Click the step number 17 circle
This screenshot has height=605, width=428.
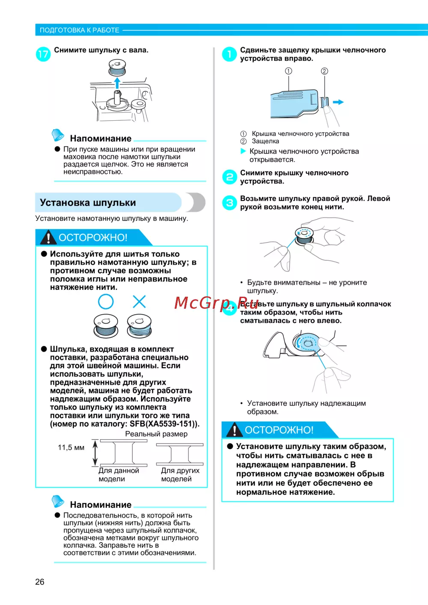click(x=43, y=54)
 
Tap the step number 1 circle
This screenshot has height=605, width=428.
click(x=229, y=54)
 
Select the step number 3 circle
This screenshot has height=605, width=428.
click(x=229, y=203)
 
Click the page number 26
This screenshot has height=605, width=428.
click(x=40, y=581)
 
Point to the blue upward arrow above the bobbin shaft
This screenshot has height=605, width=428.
click(x=117, y=83)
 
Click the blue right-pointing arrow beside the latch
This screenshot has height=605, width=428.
click(x=338, y=102)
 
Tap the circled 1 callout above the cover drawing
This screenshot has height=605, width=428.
click(x=288, y=71)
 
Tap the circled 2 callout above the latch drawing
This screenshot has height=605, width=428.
click(x=324, y=71)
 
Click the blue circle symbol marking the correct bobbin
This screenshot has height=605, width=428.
click(x=106, y=301)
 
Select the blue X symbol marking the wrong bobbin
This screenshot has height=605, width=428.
click(x=139, y=301)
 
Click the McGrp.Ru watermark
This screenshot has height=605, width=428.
click(x=216, y=303)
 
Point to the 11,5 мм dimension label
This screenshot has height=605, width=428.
click(x=71, y=447)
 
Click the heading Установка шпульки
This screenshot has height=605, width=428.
click(x=88, y=203)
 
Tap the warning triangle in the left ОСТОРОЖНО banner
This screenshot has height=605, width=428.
click(x=48, y=238)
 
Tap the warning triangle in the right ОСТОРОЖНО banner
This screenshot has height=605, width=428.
click(x=235, y=430)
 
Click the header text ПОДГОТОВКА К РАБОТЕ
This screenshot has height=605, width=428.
click(x=80, y=30)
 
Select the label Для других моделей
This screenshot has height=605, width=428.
click(x=180, y=474)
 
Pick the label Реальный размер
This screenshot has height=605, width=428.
click(x=156, y=434)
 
